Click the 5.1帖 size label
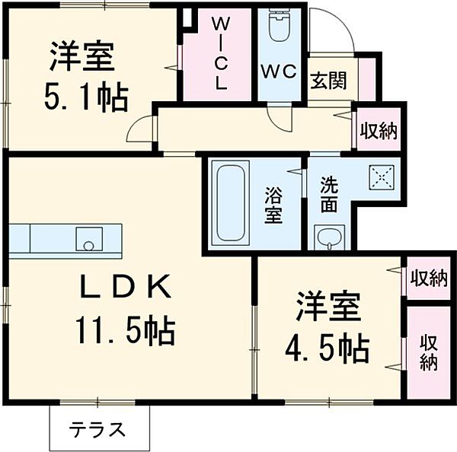85,97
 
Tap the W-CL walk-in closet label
219,53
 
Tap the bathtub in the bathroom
229,202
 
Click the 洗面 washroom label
329,193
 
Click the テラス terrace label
98,429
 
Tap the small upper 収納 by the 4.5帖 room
427,278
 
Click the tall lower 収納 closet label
428,351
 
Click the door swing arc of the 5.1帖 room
139,129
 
